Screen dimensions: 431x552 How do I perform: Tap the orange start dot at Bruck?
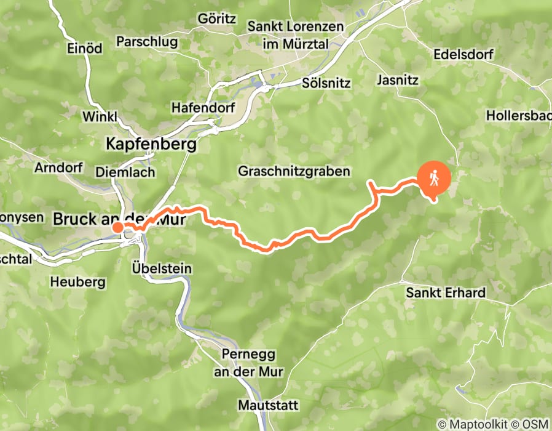pyautogui.click(x=117, y=228)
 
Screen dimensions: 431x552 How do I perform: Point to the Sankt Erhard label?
pyautogui.click(x=446, y=292)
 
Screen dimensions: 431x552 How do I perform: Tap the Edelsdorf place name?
pyautogui.click(x=463, y=54)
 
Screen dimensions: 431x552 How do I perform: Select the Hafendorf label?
pyautogui.click(x=195, y=108)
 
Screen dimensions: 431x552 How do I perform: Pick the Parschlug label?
pyautogui.click(x=146, y=42)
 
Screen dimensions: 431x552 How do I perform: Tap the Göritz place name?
pyautogui.click(x=216, y=18)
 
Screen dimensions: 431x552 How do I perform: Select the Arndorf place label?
pyautogui.click(x=58, y=167)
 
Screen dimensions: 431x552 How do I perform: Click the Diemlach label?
pyautogui.click(x=125, y=173)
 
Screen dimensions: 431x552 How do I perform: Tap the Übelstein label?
pyautogui.click(x=162, y=268)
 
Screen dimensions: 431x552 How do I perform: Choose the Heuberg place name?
pyautogui.click(x=77, y=282)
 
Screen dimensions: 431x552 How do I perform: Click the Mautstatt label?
pyautogui.click(x=268, y=405)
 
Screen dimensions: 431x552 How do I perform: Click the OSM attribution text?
pyautogui.click(x=537, y=424)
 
